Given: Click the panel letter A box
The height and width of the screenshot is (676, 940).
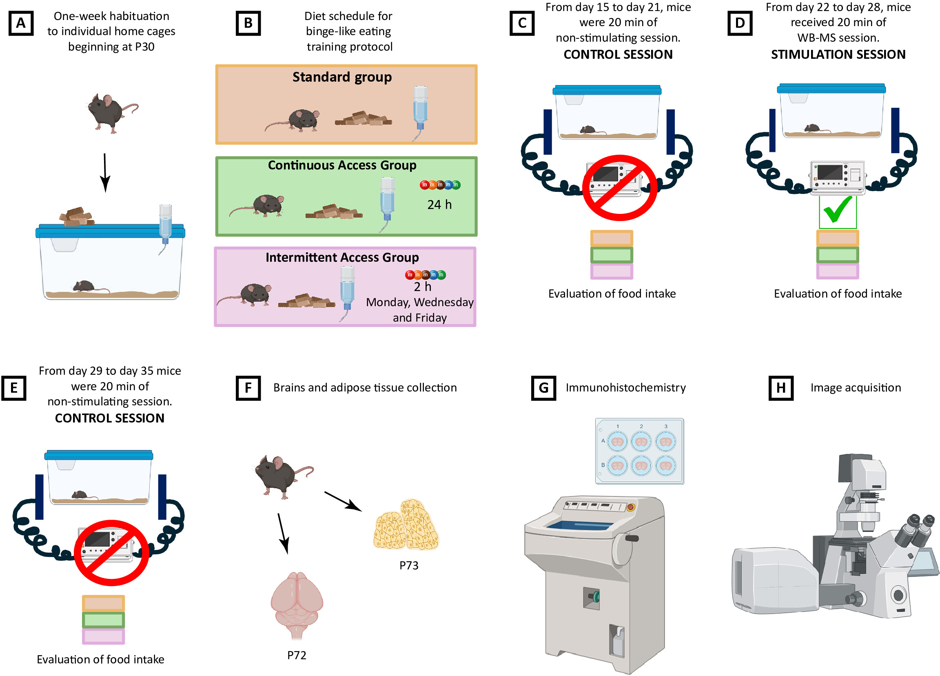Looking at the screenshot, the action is coord(21,23).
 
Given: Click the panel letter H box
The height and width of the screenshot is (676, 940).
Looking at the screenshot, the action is coord(781,388).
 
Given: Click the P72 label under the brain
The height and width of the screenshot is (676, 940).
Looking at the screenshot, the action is coord(297,655).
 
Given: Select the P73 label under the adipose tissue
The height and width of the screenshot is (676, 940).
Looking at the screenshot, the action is coord(409,565).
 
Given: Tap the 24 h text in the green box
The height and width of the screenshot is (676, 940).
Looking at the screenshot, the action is coord(439,205).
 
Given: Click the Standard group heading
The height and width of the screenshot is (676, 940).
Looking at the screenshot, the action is coord(342,78).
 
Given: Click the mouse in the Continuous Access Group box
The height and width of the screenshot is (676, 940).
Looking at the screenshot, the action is coord(257,206).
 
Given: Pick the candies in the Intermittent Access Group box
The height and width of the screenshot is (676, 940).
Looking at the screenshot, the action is coord(425,275).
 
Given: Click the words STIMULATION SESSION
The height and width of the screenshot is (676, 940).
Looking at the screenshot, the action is coord(838,55).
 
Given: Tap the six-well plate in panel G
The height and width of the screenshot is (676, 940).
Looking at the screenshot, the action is coord(639,451).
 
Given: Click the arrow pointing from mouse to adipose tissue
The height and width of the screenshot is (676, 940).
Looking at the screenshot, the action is coord(343,501).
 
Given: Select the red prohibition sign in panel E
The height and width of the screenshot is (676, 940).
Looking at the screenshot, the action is coord(111,553).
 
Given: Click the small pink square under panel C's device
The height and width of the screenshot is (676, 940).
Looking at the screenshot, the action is coord(611,271).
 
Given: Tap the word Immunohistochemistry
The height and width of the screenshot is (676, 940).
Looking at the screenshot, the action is coord(625,388).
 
